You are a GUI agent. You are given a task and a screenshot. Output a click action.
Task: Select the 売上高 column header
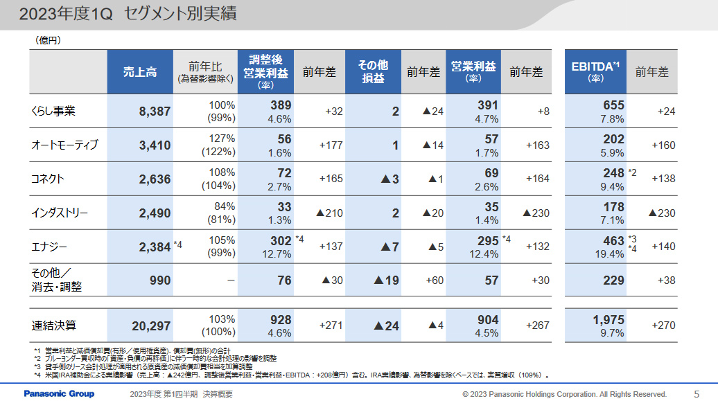[x=139, y=72]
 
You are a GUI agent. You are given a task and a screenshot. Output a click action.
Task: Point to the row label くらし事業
[x=53, y=112]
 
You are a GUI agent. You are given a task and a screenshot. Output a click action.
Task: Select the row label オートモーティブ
[x=65, y=145]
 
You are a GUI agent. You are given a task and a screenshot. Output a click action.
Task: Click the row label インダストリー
[x=60, y=213]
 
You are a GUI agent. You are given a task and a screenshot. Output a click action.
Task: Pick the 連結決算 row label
[x=53, y=325]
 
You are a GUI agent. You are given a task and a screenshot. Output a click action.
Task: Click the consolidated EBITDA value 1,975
[x=608, y=320]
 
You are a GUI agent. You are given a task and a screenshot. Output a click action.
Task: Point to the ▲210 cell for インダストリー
[x=329, y=213]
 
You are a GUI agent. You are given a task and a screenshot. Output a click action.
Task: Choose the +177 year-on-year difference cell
[x=331, y=145]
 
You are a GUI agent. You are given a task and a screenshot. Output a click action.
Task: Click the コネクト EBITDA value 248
[x=613, y=172]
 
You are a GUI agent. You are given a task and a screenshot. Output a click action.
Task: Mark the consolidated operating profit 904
[x=488, y=320]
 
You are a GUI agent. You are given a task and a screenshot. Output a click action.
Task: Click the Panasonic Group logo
[x=59, y=393]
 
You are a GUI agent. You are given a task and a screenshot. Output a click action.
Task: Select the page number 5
[x=697, y=393]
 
